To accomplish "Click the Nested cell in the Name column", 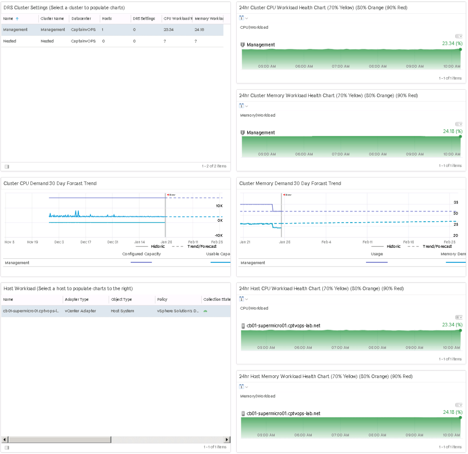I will tap(9, 41).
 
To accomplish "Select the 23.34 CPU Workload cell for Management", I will tap(169, 30).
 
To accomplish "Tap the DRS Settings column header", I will tap(144, 19).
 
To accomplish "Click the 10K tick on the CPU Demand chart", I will tap(219, 206).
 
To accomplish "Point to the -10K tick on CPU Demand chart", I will tap(218, 235).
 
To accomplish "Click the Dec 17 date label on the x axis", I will tap(86, 242).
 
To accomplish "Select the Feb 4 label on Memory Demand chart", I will tap(326, 242).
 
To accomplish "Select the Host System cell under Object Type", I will tap(122, 311).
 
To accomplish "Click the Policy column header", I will tap(162, 299).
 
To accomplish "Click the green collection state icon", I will tap(205, 311).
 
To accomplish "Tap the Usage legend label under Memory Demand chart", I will tap(377, 254).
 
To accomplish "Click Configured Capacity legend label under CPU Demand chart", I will tap(141, 254).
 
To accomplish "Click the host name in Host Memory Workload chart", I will tap(283, 413).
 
